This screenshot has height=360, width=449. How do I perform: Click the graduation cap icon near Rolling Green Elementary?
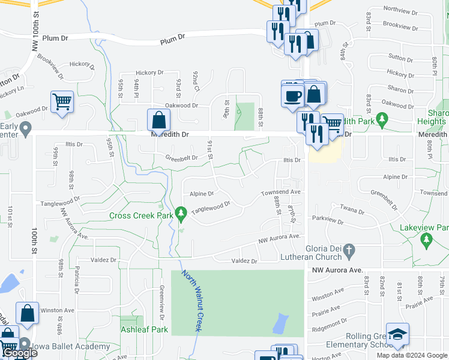(397, 335)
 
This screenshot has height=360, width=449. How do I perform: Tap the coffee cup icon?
(293, 96)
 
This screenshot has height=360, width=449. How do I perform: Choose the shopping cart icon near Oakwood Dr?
(62, 102)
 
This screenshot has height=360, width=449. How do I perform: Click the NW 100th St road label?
(36, 36)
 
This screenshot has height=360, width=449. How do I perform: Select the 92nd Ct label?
(196, 78)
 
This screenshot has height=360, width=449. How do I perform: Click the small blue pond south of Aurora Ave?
(279, 324)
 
